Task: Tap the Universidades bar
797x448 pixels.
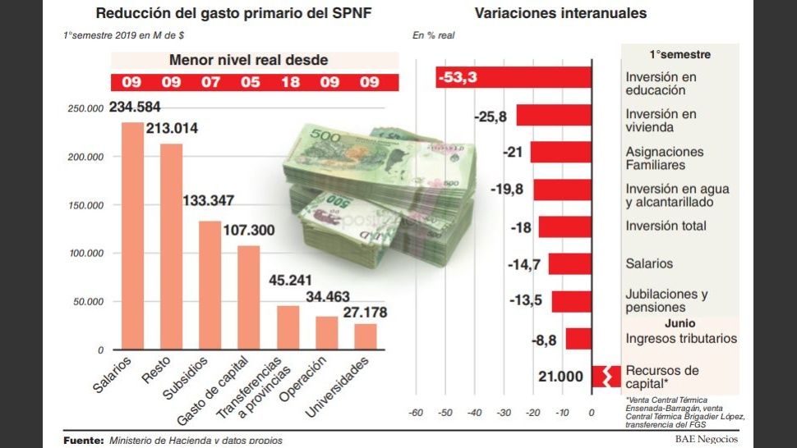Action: pyautogui.click(x=366, y=336)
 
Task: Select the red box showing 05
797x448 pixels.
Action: pyautogui.click(x=249, y=82)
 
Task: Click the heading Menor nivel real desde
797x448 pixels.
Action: pyautogui.click(x=248, y=60)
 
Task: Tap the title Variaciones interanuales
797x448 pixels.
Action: pyautogui.click(x=560, y=13)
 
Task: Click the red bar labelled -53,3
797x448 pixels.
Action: pyautogui.click(x=514, y=77)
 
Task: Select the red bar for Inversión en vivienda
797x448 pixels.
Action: pyautogui.click(x=553, y=116)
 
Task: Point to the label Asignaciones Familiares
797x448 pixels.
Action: pyautogui.click(x=665, y=158)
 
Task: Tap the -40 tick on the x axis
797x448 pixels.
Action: pyautogui.click(x=474, y=413)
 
